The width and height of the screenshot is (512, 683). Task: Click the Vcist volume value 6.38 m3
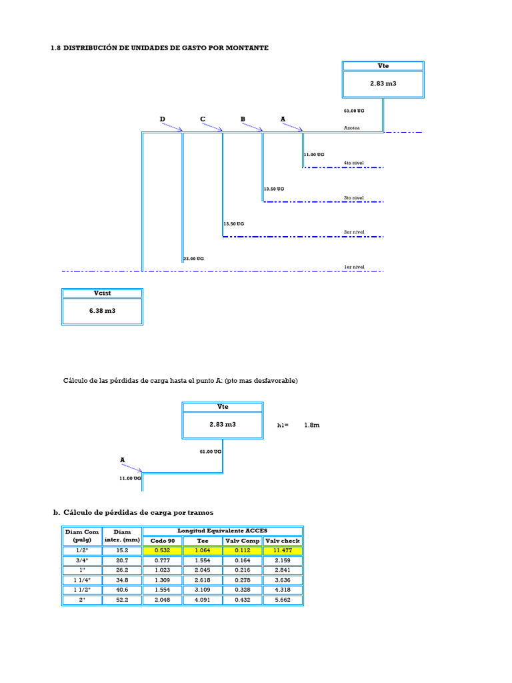[x=102, y=311]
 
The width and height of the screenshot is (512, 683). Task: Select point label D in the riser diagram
[x=163, y=119]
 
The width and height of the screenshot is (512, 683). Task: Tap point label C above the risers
[x=203, y=119]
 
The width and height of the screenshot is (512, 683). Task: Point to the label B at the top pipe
[x=243, y=119]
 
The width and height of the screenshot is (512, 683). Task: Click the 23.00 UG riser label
[x=193, y=259]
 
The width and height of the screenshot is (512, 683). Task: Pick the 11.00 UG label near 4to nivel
[x=314, y=155]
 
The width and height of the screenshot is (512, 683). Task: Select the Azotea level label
[x=352, y=128]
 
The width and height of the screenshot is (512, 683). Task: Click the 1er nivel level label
[x=354, y=267]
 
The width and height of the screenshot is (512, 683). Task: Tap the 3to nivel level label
[x=353, y=197]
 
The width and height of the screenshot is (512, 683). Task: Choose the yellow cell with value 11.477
[x=283, y=550]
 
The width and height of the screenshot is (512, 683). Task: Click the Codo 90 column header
[x=163, y=541]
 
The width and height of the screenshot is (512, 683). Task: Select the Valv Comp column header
[x=243, y=541]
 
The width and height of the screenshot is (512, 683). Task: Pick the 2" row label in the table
[x=82, y=600]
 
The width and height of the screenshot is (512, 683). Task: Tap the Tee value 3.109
[x=203, y=590]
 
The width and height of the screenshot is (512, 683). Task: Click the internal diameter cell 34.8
[x=122, y=580]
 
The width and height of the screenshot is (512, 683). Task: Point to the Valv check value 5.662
[x=283, y=600]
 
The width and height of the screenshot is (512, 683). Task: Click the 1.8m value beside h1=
[x=312, y=425]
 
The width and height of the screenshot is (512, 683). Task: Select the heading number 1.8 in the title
[x=56, y=48]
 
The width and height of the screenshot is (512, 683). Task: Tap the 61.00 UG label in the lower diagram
[x=210, y=452]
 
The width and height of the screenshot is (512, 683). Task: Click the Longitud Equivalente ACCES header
[x=223, y=530]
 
